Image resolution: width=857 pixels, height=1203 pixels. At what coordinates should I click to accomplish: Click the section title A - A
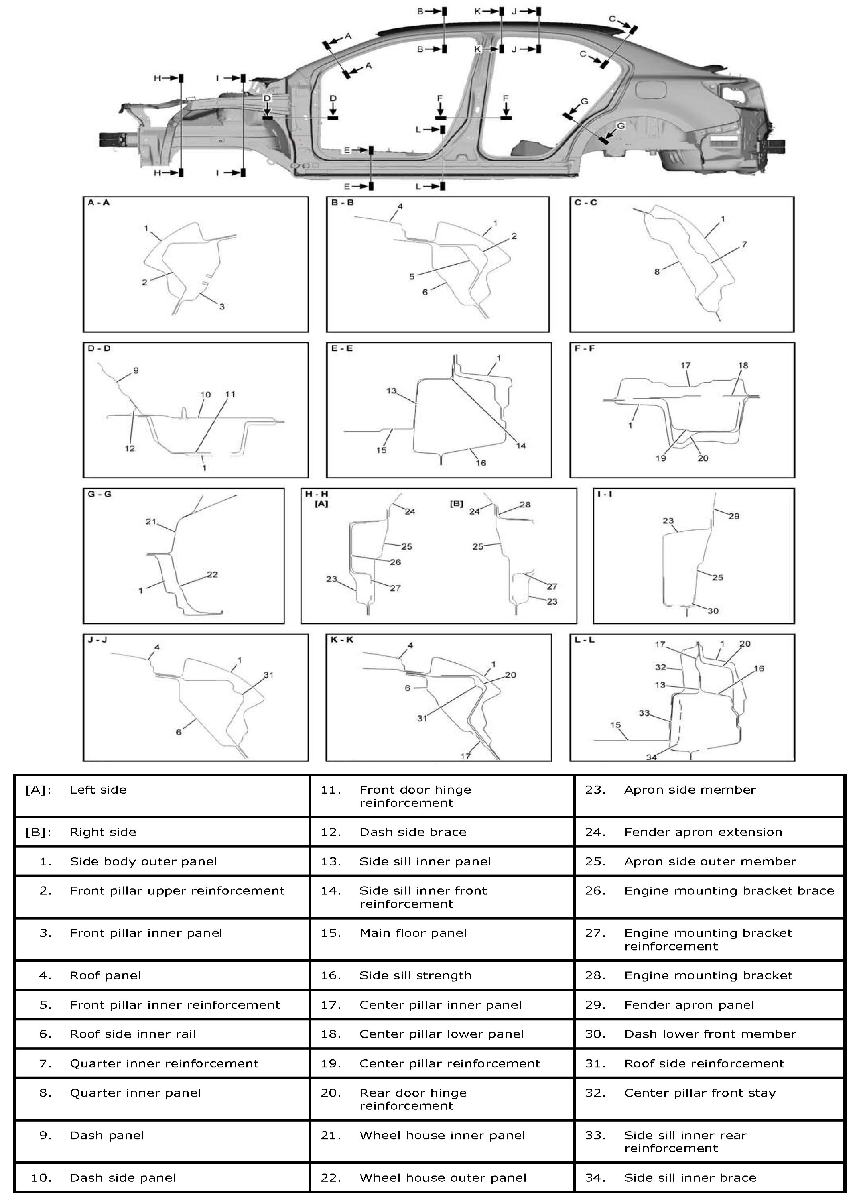(99, 203)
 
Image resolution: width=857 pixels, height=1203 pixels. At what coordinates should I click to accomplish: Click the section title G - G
(99, 494)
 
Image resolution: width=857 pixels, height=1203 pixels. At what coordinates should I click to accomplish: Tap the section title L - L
(585, 640)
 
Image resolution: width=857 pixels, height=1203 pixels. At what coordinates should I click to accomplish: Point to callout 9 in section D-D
(136, 370)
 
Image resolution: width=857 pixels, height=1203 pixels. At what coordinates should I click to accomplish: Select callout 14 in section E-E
(521, 446)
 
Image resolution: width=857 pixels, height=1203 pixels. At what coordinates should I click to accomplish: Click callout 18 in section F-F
(743, 365)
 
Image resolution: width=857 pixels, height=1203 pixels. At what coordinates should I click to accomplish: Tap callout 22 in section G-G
(212, 574)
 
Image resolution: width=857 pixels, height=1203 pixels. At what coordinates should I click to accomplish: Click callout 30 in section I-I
(713, 611)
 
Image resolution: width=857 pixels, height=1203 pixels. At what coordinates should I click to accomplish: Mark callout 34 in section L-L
(652, 757)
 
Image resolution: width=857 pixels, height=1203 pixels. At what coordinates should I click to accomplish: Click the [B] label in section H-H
(456, 504)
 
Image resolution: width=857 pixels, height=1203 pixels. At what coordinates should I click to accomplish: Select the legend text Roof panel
(105, 975)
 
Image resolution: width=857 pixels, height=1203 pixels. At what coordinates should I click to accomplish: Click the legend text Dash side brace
(413, 833)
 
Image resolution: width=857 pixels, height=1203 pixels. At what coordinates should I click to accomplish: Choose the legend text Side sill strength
(415, 975)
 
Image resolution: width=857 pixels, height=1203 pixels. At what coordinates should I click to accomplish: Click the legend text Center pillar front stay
(700, 1093)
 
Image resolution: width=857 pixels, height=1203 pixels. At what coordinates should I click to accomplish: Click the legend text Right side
(103, 833)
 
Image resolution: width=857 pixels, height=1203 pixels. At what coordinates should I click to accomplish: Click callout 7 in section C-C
(744, 244)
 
